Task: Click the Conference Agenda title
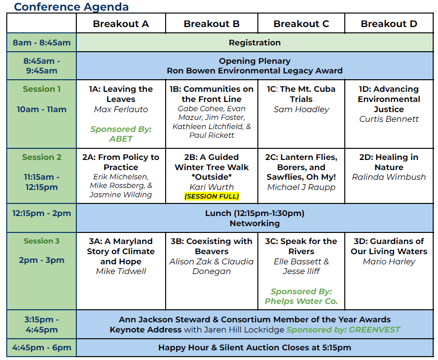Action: pyautogui.click(x=71, y=7)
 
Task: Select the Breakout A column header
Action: pyautogui.click(x=121, y=24)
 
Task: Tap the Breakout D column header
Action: pyautogui.click(x=389, y=24)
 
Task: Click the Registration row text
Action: pyautogui.click(x=255, y=43)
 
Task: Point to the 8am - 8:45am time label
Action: pyautogui.click(x=42, y=43)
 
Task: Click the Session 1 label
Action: pyautogui.click(x=42, y=89)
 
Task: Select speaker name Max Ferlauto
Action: pyautogui.click(x=121, y=109)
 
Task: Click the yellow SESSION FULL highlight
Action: pyautogui.click(x=212, y=196)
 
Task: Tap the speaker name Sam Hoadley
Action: pyautogui.click(x=301, y=109)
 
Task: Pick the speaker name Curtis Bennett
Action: pyautogui.click(x=389, y=119)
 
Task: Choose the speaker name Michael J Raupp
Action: pyautogui.click(x=301, y=187)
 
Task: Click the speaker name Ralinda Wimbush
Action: pyautogui.click(x=389, y=177)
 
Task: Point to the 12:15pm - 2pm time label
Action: pyautogui.click(x=42, y=213)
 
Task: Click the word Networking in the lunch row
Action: pyautogui.click(x=255, y=223)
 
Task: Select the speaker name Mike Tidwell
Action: pyautogui.click(x=121, y=271)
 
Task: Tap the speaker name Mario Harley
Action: pyautogui.click(x=389, y=261)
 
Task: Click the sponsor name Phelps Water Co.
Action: pyautogui.click(x=301, y=301)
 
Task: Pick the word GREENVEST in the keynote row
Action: pyautogui.click(x=374, y=330)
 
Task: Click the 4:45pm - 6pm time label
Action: pyautogui.click(x=42, y=347)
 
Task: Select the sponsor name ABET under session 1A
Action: pyautogui.click(x=121, y=139)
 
